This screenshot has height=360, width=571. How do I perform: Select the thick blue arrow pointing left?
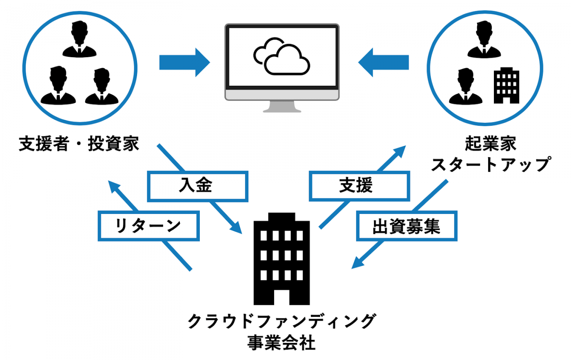tap(383, 62)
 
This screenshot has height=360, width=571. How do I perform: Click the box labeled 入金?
tap(197, 186)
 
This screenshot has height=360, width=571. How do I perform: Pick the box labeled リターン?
tap(148, 226)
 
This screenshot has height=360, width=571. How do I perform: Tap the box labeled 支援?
tap(359, 186)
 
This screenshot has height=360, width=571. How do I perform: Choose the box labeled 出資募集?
tap(406, 226)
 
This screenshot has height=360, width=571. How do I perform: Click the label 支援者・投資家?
tap(79, 144)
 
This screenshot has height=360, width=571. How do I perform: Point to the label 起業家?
tap(490, 144)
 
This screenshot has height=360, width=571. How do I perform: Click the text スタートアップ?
tap(490, 164)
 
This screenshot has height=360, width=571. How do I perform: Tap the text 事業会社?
tap(281, 342)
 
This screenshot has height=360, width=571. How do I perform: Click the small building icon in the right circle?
tap(506, 85)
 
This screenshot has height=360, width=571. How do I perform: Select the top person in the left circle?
tap(80, 40)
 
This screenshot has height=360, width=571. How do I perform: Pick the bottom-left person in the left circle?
tap(58, 86)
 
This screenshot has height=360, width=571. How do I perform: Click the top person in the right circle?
tap(484, 40)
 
